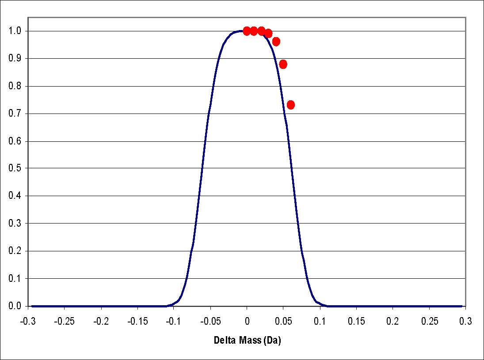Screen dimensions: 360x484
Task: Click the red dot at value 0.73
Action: coord(291,105)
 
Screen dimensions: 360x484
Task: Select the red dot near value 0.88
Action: coord(283,64)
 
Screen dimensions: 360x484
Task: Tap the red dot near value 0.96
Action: coord(276,42)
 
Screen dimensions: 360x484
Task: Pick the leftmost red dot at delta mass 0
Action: coord(247,31)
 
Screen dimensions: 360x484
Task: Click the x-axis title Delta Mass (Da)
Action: coord(248,341)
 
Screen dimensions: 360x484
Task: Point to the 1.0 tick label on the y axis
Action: coord(15,31)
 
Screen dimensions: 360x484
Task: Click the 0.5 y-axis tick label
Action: coord(15,168)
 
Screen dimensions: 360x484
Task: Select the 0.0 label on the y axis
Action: coord(15,306)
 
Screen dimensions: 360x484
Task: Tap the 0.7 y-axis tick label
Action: coord(15,114)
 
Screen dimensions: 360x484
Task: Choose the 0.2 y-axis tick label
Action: coord(15,251)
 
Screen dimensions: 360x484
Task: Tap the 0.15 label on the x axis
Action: coord(356,321)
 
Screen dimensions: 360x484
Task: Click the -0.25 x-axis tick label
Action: coord(64,321)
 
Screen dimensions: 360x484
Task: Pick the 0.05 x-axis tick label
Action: coord(283,321)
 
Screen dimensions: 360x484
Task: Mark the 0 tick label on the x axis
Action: coord(247,321)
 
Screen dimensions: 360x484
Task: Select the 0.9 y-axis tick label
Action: coord(15,59)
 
